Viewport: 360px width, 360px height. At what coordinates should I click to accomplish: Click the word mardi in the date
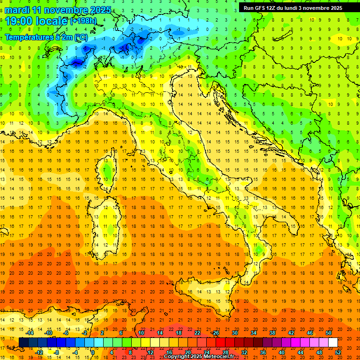[17, 10]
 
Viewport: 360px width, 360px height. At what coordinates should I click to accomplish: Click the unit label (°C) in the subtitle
[81, 37]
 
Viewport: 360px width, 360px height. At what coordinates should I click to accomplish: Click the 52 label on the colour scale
[338, 352]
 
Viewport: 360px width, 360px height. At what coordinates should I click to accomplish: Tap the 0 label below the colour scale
[93, 352]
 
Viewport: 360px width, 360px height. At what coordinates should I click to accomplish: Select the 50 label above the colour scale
[329, 333]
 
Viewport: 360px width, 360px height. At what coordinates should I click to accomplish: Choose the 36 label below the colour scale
[263, 352]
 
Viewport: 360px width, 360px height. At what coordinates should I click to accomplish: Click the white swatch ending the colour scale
[333, 342]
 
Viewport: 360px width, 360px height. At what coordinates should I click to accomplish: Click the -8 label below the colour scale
[57, 352]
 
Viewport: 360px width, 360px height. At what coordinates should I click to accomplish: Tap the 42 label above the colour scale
[291, 333]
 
